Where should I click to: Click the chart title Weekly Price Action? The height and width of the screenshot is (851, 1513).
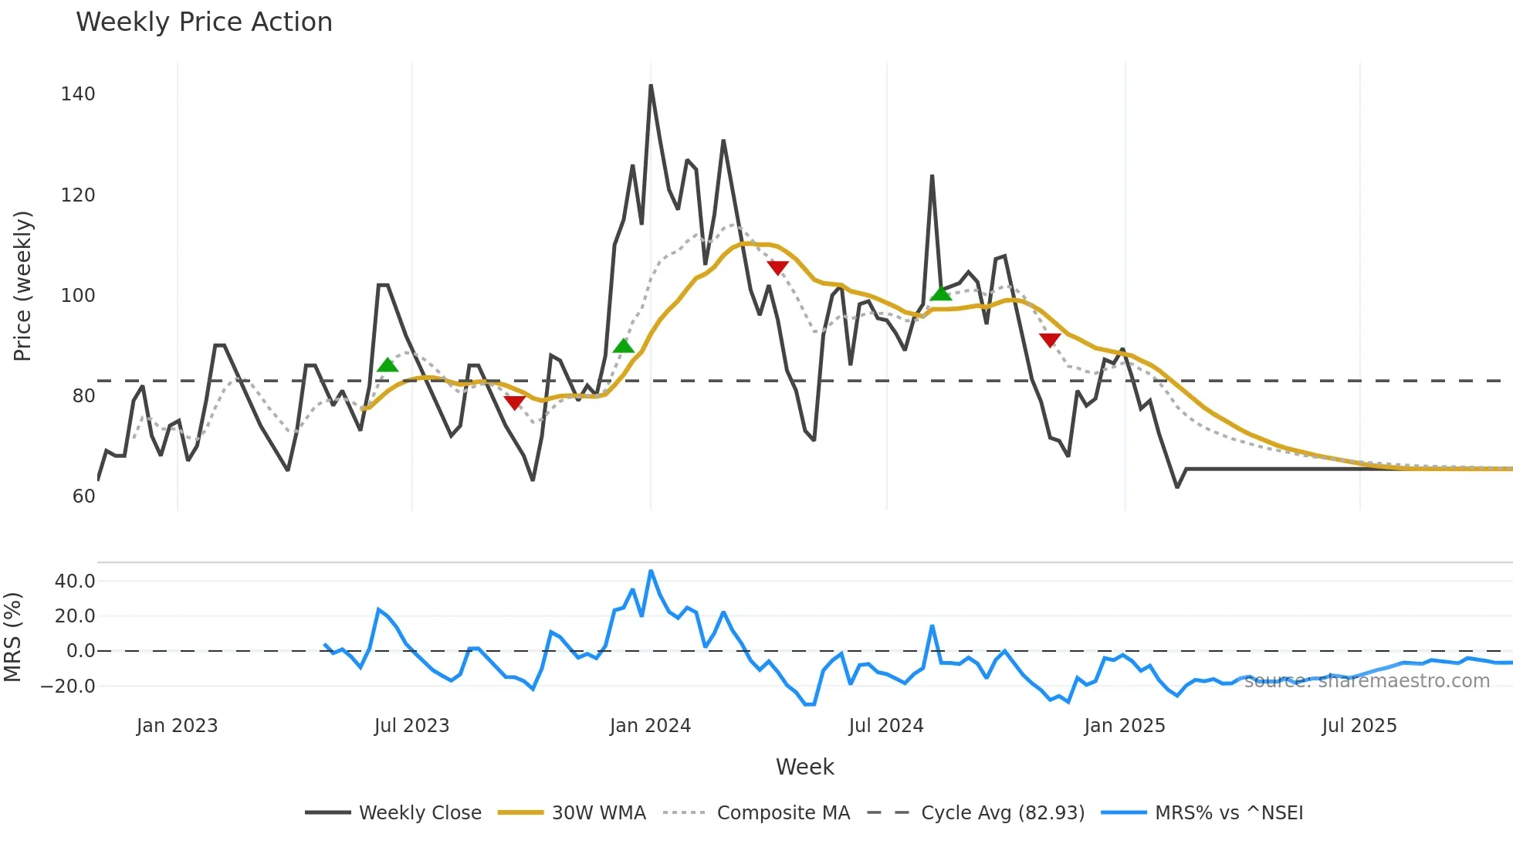[204, 22]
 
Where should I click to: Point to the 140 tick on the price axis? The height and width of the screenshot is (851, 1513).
[78, 94]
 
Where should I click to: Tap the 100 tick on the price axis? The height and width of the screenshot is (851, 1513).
[78, 296]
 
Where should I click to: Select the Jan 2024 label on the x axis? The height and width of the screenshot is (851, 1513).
[650, 726]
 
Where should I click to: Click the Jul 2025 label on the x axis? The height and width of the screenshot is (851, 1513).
[1359, 726]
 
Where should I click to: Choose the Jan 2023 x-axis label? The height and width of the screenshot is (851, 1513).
[177, 726]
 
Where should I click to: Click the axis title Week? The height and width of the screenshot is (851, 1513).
[804, 767]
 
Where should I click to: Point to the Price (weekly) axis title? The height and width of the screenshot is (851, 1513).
[22, 286]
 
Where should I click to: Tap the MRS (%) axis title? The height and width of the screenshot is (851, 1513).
[13, 637]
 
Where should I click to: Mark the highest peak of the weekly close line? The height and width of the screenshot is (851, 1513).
[651, 86]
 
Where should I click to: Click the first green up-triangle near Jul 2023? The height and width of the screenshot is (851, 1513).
[388, 365]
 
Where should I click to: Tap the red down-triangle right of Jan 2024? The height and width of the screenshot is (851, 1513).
[777, 268]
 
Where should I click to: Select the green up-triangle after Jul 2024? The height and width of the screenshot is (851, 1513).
[940, 293]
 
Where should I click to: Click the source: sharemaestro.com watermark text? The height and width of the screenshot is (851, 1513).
[1366, 681]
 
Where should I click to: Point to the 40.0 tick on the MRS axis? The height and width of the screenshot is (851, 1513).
[75, 581]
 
